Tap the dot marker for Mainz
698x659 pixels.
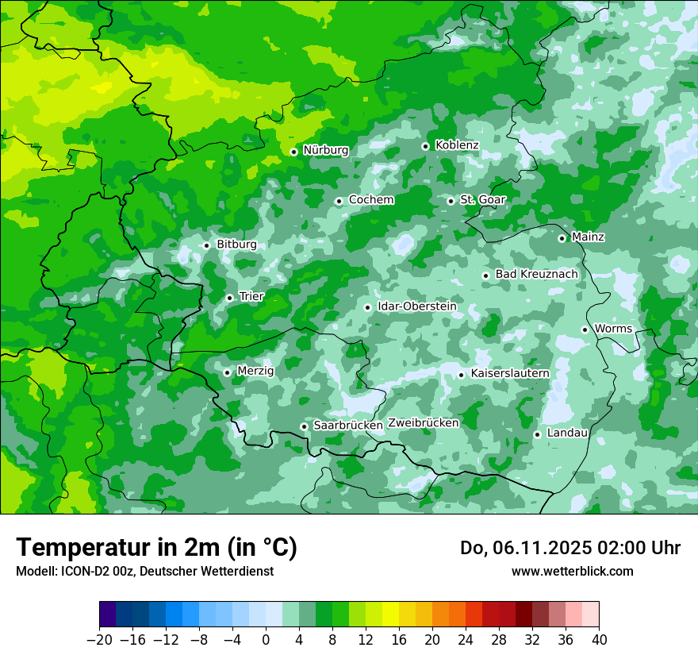(x=562, y=238)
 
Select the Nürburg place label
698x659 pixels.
(x=325, y=150)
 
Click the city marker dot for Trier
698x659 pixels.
(x=229, y=298)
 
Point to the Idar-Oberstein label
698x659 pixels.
(x=417, y=306)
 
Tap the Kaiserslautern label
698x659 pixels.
(x=510, y=373)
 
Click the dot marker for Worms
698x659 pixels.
(x=585, y=329)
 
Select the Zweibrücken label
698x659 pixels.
(x=423, y=423)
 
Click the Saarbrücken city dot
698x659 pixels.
(x=304, y=426)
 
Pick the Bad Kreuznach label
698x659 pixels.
(x=536, y=275)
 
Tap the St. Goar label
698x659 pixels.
(x=482, y=199)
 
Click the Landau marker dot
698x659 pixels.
(x=537, y=434)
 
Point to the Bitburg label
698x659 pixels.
(x=236, y=245)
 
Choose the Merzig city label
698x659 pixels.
(x=255, y=371)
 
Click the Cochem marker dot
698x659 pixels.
(x=339, y=201)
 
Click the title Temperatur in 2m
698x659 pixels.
(x=156, y=548)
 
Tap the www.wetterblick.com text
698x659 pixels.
(x=572, y=572)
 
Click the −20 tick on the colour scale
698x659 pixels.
(x=99, y=640)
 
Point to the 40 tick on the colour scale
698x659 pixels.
(x=599, y=640)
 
